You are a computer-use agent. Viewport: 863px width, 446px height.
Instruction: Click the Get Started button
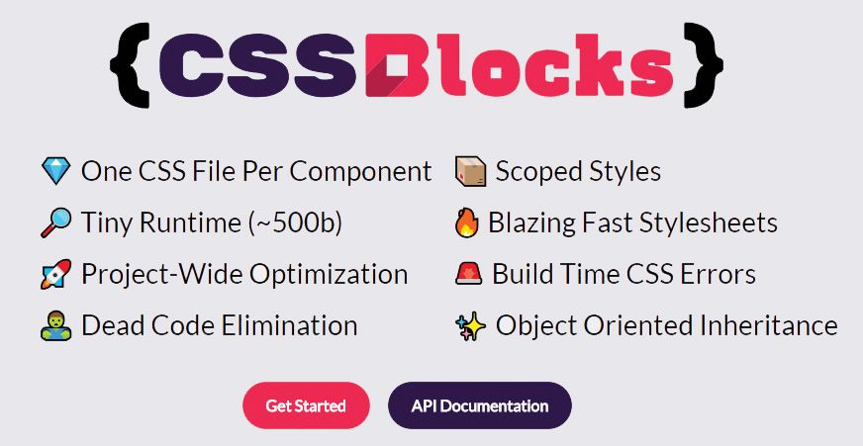tap(306, 405)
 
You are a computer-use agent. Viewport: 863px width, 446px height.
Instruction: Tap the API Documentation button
tap(480, 405)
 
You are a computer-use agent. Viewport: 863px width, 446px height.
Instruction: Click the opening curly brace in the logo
tap(131, 63)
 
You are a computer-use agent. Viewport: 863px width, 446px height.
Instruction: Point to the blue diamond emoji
tap(55, 172)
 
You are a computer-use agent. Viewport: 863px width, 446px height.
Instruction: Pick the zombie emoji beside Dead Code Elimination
tap(55, 325)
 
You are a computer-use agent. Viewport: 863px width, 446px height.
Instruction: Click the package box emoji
tap(470, 172)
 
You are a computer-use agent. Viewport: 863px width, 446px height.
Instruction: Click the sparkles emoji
tap(470, 325)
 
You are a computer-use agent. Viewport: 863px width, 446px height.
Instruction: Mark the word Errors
tap(718, 274)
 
